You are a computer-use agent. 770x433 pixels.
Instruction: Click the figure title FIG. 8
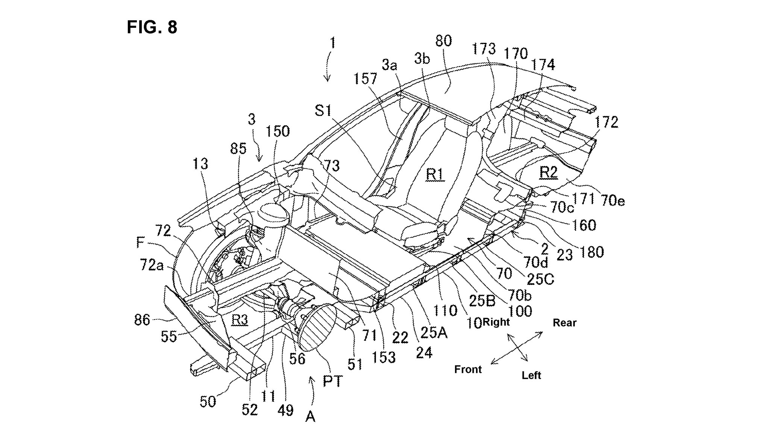(152, 27)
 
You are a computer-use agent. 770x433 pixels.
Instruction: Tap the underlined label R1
(435, 175)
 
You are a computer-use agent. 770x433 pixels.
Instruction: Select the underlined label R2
(549, 173)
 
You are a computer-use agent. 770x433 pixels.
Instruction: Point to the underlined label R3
(239, 320)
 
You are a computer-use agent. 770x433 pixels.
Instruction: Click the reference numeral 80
(443, 41)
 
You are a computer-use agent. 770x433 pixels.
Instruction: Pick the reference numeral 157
(365, 78)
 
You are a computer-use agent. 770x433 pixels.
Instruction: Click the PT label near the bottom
(333, 382)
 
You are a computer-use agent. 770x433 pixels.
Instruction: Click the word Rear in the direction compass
(564, 323)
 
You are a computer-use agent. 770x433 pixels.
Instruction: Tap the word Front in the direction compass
(468, 369)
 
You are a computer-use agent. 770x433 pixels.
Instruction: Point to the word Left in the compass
(531, 375)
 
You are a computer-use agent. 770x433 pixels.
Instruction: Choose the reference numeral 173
(484, 49)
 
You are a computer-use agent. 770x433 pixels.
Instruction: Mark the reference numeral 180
(592, 252)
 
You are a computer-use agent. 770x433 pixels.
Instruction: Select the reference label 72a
(152, 265)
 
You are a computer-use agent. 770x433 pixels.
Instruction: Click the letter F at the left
(140, 243)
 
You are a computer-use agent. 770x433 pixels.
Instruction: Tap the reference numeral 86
(142, 320)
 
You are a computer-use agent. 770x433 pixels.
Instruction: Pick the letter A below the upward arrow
(310, 416)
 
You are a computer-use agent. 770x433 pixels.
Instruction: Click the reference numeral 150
(278, 131)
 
